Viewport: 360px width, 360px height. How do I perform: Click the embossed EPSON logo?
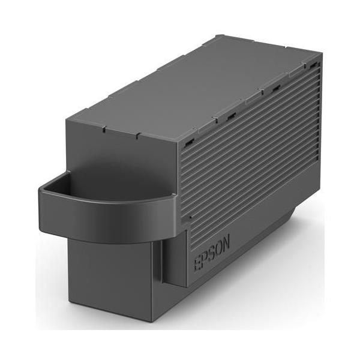pos(212,254)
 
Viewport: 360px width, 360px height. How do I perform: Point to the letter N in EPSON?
pos(226,244)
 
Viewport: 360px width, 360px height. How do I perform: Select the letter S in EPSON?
pos(211,254)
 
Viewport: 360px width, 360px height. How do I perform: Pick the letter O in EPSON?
pos(218,250)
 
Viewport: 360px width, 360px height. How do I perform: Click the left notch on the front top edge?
pos(104,130)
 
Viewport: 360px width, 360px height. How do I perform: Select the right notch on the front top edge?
pos(138,136)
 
